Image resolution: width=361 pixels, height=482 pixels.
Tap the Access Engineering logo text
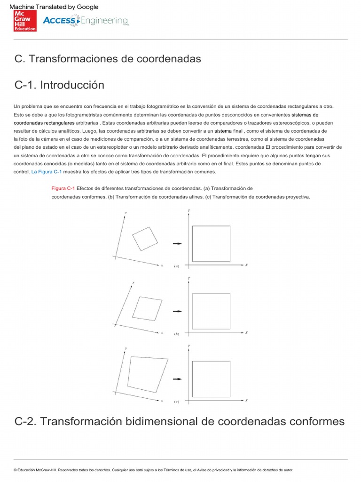[x=85, y=21]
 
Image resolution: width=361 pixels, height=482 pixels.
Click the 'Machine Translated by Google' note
[x=54, y=7]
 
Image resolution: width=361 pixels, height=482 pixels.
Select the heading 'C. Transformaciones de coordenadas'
[x=108, y=59]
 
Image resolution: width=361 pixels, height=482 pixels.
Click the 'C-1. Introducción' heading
[x=59, y=85]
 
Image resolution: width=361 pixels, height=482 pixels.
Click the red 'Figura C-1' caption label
[x=63, y=188]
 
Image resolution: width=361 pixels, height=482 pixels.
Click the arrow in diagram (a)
[x=177, y=243]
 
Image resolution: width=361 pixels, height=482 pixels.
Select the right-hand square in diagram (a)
[x=211, y=243]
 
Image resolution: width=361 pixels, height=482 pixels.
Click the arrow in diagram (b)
[x=177, y=311]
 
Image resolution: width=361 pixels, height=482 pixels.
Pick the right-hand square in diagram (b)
[x=211, y=311]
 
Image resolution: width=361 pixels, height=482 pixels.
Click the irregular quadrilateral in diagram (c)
[x=147, y=374]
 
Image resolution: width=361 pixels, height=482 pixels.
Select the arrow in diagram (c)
[x=177, y=379]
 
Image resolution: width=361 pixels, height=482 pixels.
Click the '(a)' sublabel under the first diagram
[x=177, y=266]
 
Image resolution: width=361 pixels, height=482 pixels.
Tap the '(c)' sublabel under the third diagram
[x=177, y=402]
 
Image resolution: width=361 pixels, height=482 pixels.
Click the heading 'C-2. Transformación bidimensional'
[x=180, y=421]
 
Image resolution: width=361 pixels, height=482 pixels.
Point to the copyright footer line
[x=153, y=470]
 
